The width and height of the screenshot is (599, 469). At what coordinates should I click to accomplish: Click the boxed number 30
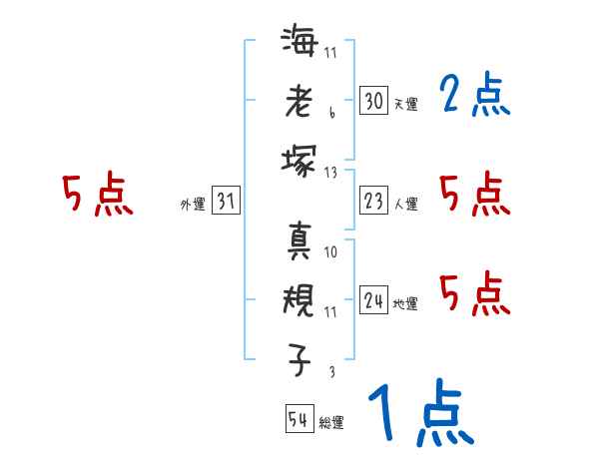(373, 100)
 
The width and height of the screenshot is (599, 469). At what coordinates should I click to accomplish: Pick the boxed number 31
(226, 202)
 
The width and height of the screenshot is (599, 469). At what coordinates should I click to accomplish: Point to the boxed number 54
(299, 419)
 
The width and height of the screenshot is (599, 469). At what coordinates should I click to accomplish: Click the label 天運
(405, 104)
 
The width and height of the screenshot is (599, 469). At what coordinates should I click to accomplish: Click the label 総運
(331, 423)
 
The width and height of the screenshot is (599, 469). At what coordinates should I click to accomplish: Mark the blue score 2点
(474, 96)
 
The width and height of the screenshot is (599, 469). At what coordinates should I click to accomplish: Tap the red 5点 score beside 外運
(97, 195)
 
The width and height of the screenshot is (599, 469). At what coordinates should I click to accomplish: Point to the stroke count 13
(331, 173)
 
